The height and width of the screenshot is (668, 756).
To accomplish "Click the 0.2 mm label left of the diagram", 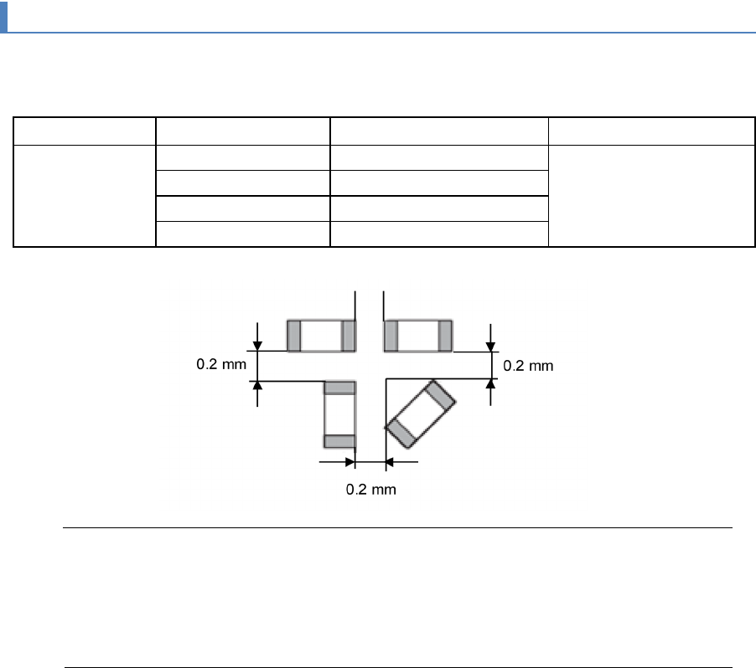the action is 221,364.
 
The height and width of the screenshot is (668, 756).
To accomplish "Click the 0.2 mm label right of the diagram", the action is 528,366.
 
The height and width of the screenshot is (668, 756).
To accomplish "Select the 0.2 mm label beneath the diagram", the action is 370,490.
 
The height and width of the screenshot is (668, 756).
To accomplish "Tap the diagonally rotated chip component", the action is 420,414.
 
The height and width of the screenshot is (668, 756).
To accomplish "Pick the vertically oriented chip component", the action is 340,414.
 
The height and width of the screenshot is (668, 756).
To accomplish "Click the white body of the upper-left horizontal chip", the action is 321,336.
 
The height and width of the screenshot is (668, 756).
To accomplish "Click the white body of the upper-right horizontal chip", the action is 418,336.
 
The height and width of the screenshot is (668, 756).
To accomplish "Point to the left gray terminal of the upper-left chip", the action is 293,336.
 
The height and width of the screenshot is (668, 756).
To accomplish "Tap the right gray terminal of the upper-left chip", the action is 349,336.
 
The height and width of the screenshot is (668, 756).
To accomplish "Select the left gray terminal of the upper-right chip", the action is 391,336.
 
